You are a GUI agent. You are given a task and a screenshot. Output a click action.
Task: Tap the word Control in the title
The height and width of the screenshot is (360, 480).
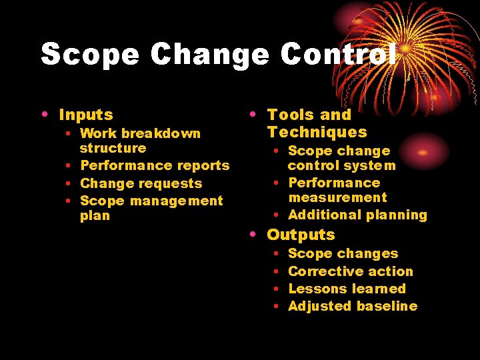[338, 54]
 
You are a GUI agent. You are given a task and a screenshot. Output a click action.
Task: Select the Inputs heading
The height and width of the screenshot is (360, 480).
[86, 115]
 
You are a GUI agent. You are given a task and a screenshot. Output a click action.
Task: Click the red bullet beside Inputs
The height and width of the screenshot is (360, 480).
[44, 115]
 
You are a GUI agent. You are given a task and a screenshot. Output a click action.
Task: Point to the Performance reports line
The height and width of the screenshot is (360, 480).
[155, 165]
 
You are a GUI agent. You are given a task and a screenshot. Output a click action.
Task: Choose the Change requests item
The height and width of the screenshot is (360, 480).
[141, 183]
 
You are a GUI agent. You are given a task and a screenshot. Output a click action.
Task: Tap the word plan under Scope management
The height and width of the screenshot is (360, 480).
[95, 216]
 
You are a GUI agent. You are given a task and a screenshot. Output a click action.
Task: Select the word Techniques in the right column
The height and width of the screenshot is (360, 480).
[317, 132]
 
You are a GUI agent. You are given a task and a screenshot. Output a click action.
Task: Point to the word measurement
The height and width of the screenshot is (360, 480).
[337, 197]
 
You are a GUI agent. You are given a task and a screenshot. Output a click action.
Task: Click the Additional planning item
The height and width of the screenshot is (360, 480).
[357, 215]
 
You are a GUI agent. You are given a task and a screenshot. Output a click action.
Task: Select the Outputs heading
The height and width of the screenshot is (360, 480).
[301, 235]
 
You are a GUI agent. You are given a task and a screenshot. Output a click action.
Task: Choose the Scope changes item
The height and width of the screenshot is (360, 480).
[343, 253]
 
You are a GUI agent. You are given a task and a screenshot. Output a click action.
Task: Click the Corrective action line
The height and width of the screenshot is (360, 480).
[350, 271]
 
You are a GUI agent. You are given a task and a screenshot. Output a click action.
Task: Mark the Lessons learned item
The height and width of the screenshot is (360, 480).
[347, 289]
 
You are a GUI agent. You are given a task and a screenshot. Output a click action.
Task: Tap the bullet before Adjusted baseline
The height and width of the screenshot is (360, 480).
[276, 306]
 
